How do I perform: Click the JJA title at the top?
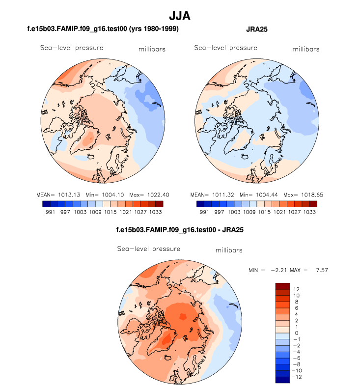click(180, 16)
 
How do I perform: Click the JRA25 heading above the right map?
click(256, 29)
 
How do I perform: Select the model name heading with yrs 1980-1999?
click(103, 29)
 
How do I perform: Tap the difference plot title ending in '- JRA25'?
click(180, 229)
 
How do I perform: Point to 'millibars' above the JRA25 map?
click(305, 49)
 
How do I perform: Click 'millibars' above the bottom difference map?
click(229, 250)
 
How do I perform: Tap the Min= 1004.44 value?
click(259, 195)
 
